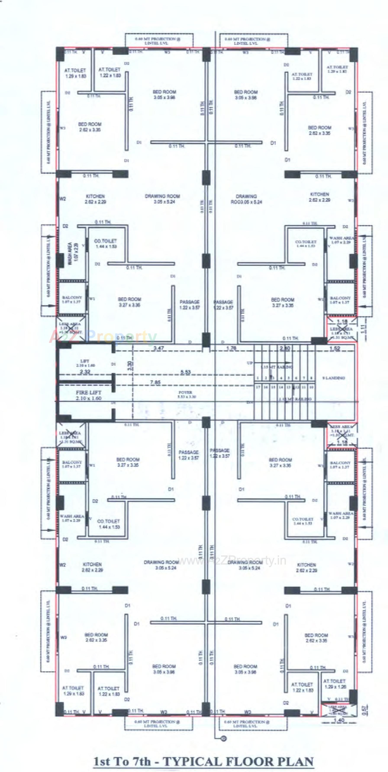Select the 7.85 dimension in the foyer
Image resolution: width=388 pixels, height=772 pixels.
pyautogui.click(x=155, y=382)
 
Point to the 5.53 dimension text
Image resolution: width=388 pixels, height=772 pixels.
pyautogui.click(x=186, y=372)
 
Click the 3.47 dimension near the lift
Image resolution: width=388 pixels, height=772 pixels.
pyautogui.click(x=159, y=348)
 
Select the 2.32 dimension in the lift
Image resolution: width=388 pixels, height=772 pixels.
pyautogui.click(x=85, y=372)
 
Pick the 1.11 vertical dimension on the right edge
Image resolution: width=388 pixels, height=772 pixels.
pyautogui.click(x=364, y=329)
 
